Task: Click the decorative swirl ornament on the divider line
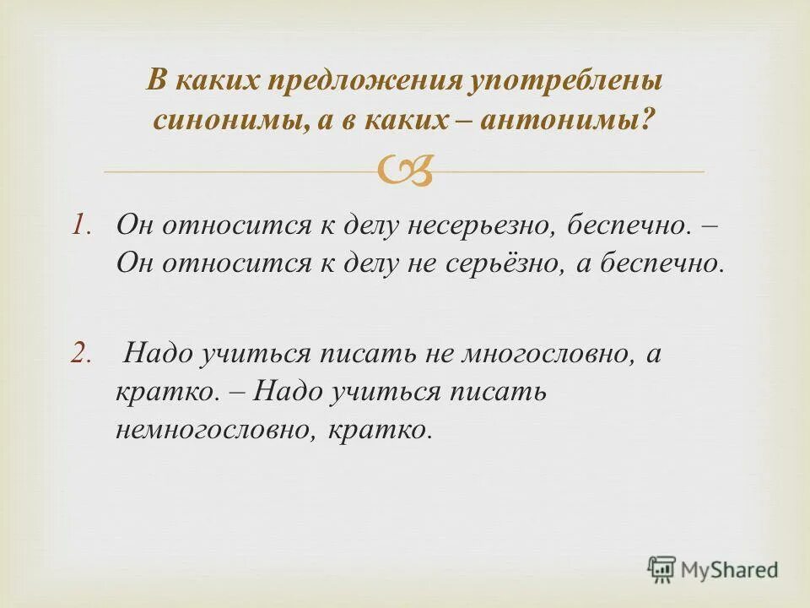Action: click(x=404, y=171)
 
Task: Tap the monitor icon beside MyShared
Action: click(x=661, y=569)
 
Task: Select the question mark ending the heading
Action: click(x=648, y=121)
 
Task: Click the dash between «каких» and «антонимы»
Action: click(x=462, y=121)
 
